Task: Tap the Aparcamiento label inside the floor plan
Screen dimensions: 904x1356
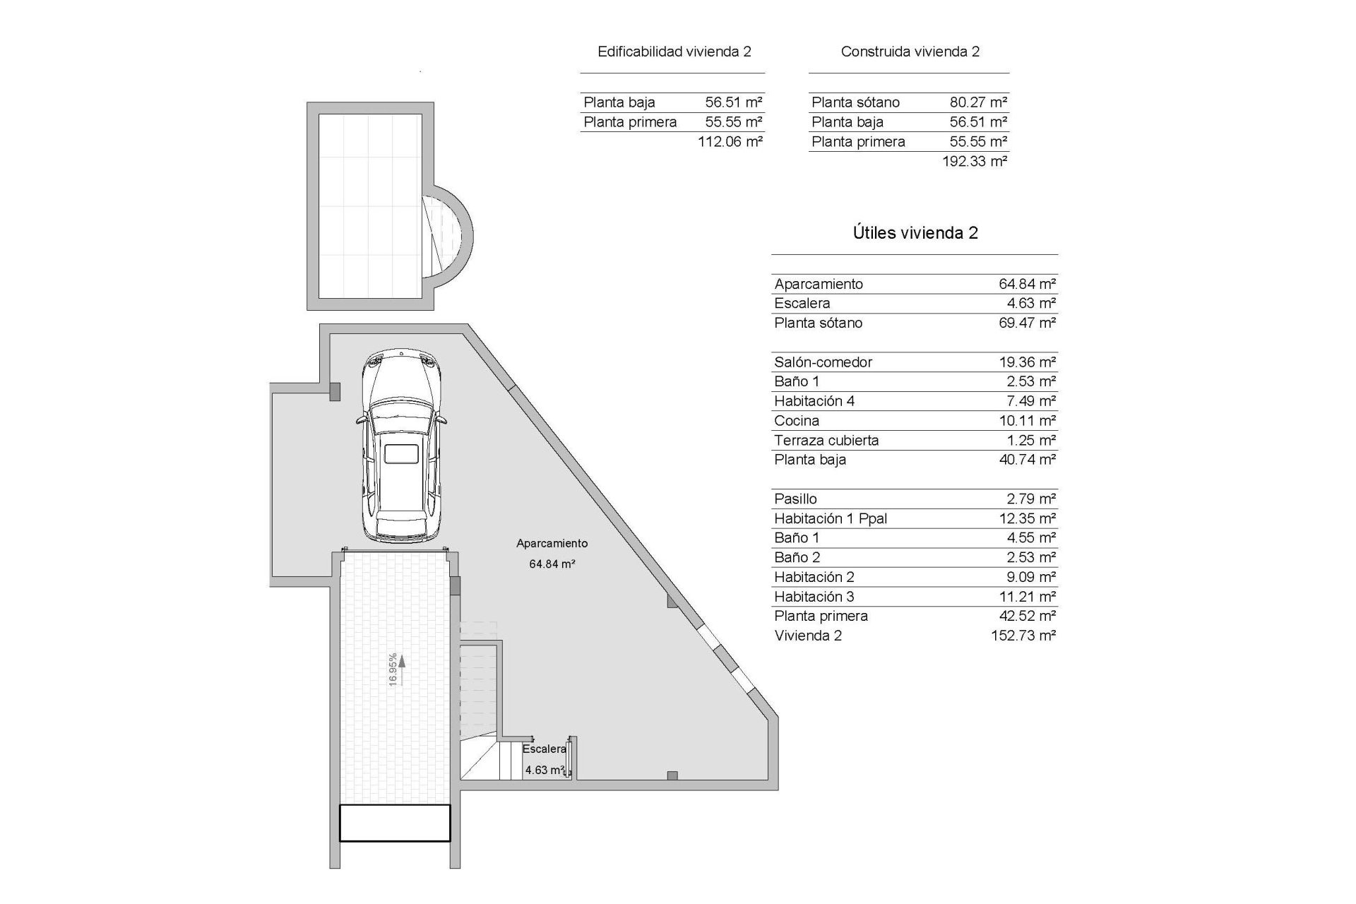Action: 552,543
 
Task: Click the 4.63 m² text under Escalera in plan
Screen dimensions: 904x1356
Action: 544,770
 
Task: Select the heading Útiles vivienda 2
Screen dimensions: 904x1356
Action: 915,233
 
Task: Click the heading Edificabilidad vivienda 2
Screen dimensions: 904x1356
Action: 674,52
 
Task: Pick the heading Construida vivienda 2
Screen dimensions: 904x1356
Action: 910,52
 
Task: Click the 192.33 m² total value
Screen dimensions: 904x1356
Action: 974,161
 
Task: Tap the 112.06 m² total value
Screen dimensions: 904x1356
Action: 730,141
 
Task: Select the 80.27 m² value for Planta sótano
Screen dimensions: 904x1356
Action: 977,102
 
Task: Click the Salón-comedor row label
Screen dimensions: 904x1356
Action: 823,362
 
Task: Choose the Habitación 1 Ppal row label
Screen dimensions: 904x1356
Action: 830,518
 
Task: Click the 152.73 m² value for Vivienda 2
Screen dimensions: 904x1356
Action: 1023,636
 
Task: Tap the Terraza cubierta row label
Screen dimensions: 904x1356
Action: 826,441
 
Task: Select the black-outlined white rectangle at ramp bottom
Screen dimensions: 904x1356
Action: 395,823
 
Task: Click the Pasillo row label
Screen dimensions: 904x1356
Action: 795,499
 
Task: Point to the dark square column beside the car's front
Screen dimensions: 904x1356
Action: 335,391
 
